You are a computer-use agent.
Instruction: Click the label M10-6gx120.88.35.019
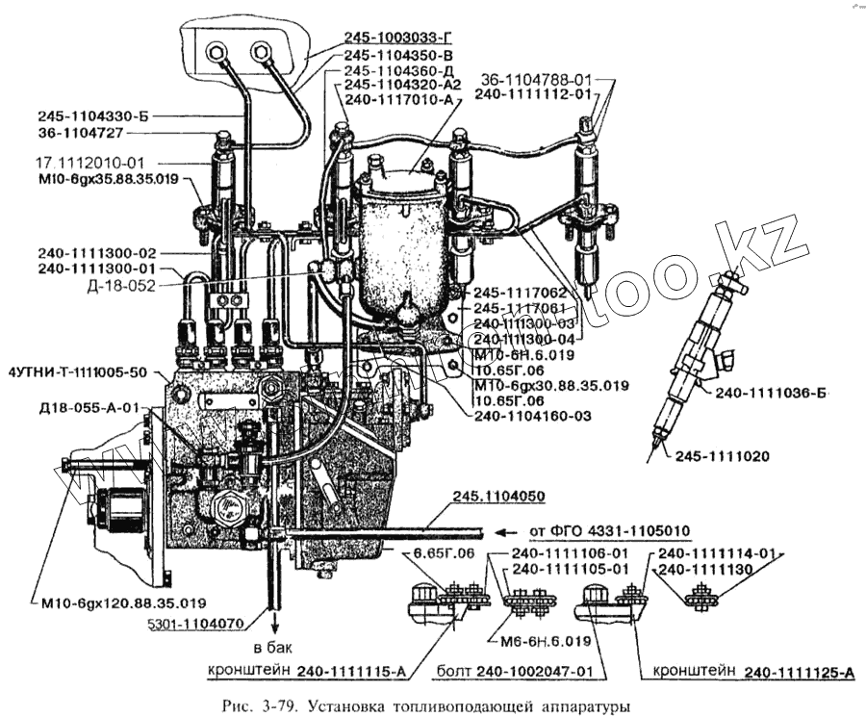click(x=124, y=603)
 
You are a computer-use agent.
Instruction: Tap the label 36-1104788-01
click(x=536, y=80)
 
